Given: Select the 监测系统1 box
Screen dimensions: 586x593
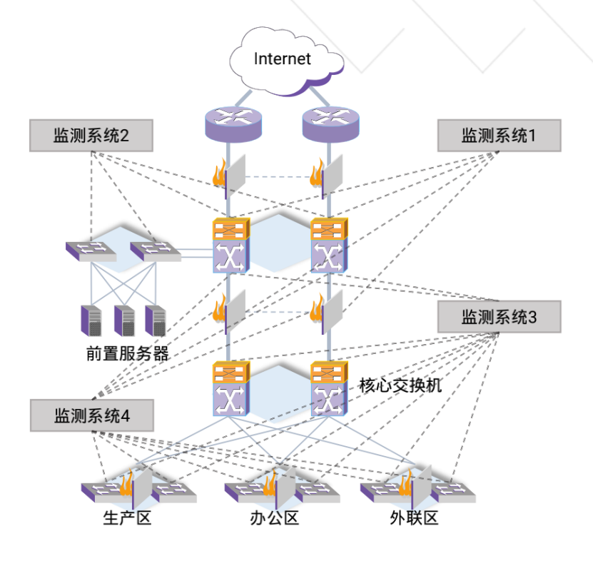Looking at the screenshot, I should click(499, 136).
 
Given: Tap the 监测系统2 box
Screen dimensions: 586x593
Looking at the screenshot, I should click(91, 136).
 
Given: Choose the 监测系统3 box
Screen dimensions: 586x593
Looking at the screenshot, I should click(499, 317).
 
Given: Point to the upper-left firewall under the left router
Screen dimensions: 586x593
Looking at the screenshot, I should click(228, 176).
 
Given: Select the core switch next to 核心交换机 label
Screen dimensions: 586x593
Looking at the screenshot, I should click(329, 390).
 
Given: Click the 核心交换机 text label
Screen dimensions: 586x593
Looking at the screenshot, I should click(400, 386).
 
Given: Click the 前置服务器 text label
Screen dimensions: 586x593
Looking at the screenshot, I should click(127, 354).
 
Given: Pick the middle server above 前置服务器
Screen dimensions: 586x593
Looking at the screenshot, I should click(124, 320).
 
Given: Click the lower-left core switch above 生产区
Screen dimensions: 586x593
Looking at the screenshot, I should click(230, 390).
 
